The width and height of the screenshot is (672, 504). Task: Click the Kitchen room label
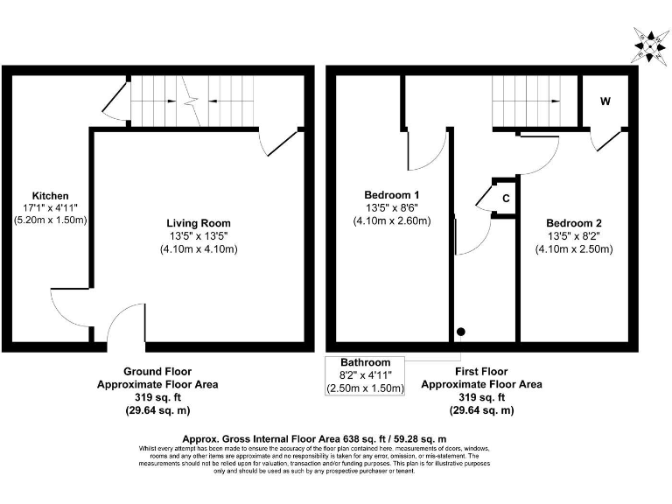click(x=50, y=195)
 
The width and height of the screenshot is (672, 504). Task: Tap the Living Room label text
click(x=199, y=223)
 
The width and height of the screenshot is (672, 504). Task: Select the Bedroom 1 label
click(x=391, y=194)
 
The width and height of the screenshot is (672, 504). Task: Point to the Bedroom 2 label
click(x=574, y=222)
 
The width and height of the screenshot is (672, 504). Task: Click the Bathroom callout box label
click(x=366, y=362)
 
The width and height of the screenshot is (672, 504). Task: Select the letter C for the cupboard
click(x=506, y=199)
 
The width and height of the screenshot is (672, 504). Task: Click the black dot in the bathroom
click(x=460, y=332)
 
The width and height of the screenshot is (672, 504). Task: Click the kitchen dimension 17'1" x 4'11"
click(x=50, y=208)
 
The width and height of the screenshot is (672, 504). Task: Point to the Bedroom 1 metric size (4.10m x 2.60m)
click(x=391, y=220)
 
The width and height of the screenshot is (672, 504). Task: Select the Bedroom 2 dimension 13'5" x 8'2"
click(x=574, y=235)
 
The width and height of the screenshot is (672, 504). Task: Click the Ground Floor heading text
click(x=157, y=371)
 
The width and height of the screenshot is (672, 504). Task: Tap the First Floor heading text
click(x=481, y=371)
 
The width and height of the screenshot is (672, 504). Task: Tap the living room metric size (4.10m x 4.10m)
click(x=199, y=249)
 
